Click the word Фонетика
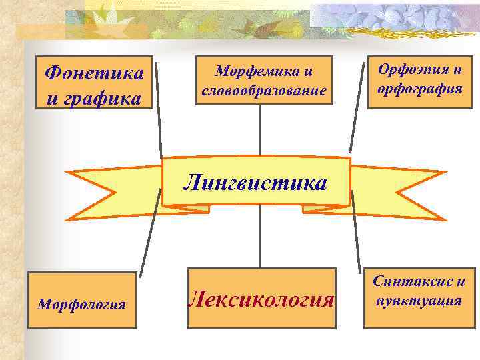coord(93,71)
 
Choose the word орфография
coord(419,87)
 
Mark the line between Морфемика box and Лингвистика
coord(260,130)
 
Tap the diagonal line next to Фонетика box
coord(159,110)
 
